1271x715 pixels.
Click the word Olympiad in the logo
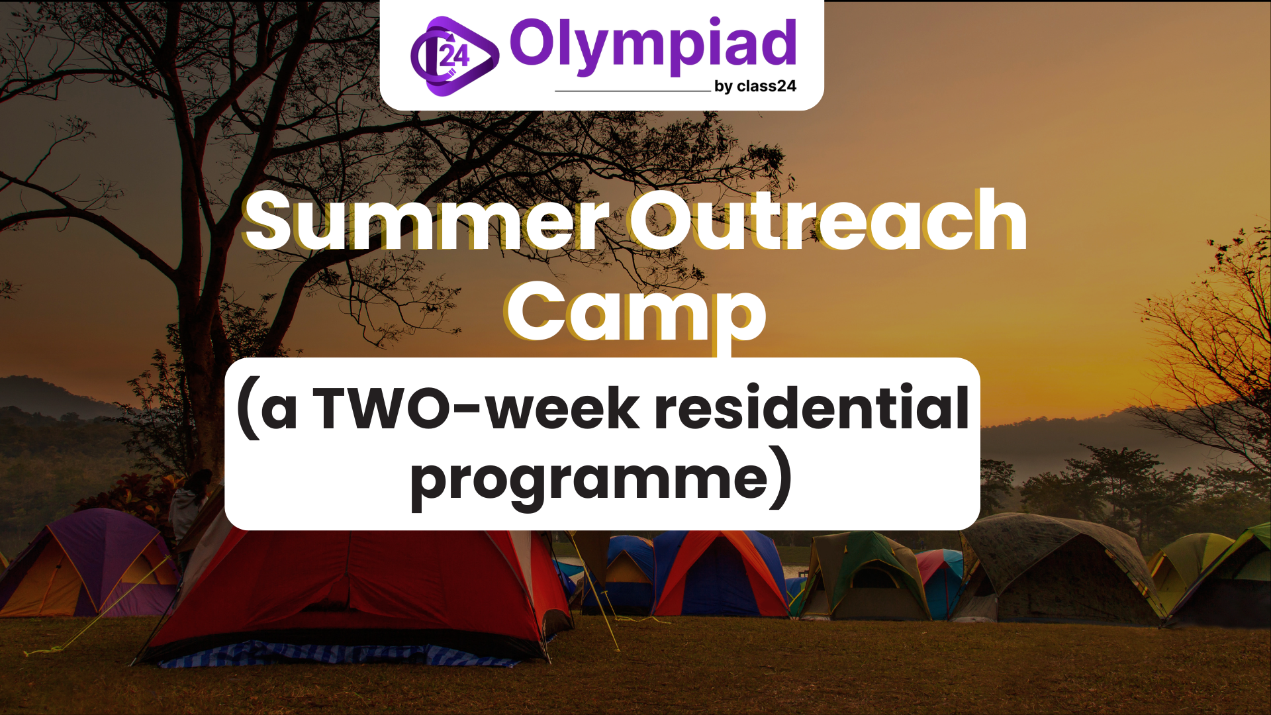pos(653,45)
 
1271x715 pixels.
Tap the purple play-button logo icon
pos(454,56)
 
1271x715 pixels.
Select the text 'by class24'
pos(755,87)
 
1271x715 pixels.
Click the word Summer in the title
pos(427,220)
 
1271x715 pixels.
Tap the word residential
pos(812,407)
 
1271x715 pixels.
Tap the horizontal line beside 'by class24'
pos(632,91)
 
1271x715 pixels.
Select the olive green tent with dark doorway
pos(864,576)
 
